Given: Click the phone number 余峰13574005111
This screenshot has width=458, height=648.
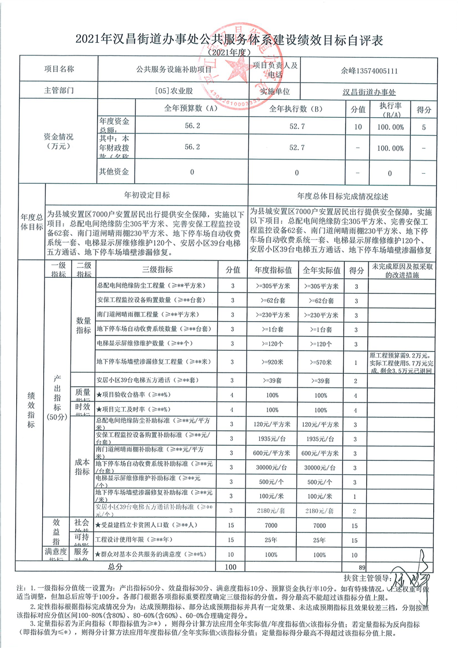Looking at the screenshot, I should tap(368, 71).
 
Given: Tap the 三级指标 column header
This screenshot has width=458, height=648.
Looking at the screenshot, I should tap(155, 270).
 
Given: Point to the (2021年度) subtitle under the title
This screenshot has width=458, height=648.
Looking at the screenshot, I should tap(229, 53).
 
